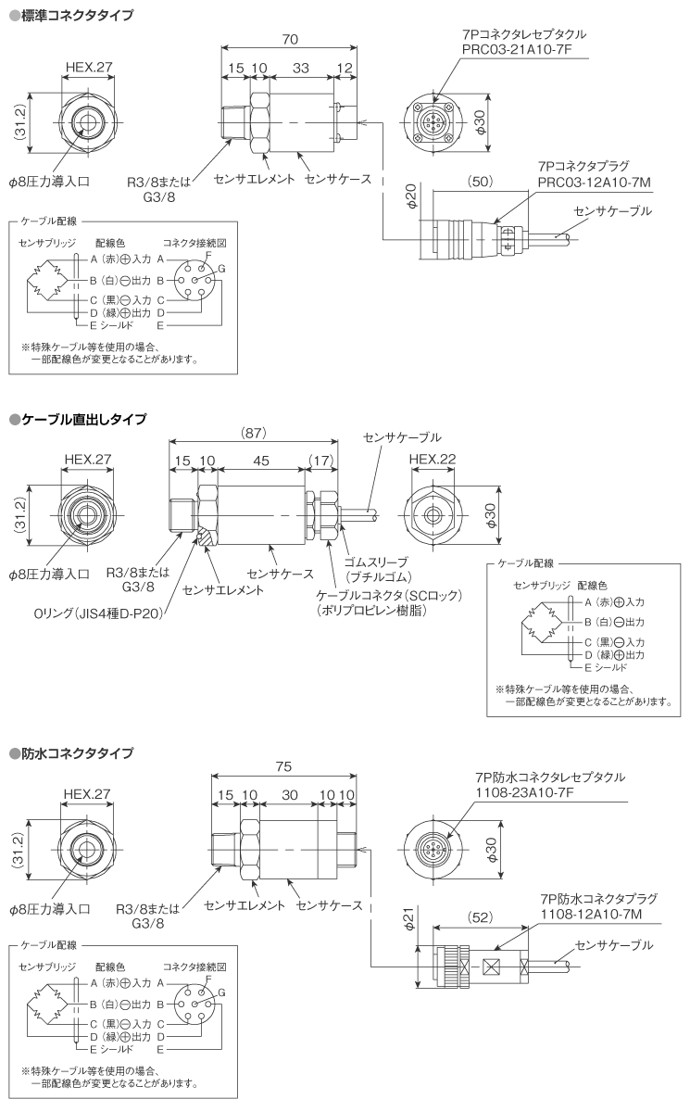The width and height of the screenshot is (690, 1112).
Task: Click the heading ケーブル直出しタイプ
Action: coord(83,420)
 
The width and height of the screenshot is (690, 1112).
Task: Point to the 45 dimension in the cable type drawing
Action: coord(264,461)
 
